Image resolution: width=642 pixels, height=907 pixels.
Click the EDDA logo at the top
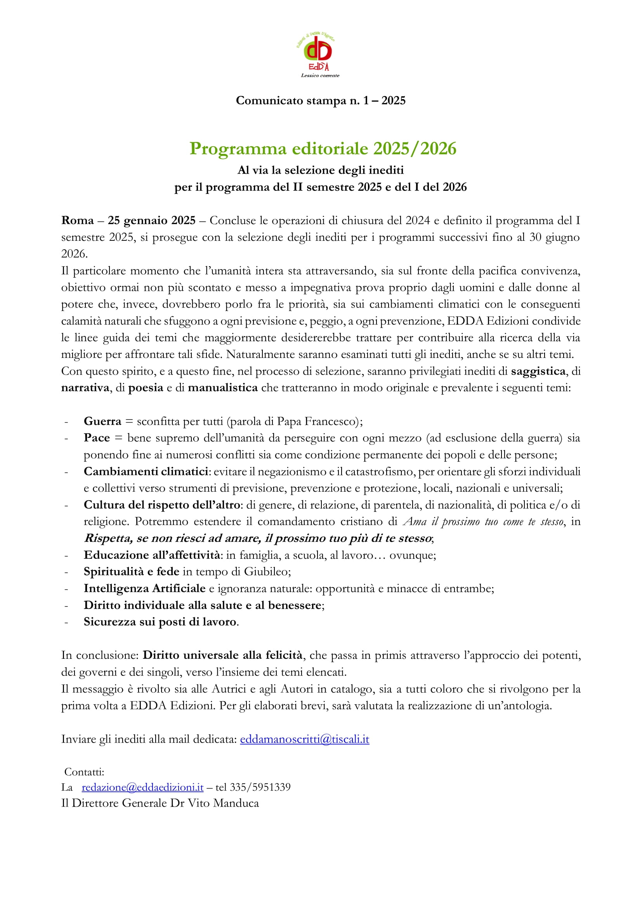(318, 55)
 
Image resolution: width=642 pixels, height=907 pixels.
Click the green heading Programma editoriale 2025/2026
(323, 149)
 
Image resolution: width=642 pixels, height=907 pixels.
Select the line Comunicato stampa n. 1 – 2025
(321, 100)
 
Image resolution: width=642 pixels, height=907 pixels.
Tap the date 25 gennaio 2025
(151, 220)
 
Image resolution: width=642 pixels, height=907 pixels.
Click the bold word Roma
(78, 220)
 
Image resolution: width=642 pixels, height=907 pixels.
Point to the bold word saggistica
(538, 371)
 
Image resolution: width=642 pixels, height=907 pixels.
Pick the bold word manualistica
(222, 388)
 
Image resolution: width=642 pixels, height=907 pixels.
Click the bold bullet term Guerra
(102, 422)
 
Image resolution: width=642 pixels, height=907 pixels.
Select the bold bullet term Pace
(97, 438)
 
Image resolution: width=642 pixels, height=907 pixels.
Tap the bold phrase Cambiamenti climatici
(146, 472)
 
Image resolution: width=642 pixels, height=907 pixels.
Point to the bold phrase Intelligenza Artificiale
(144, 589)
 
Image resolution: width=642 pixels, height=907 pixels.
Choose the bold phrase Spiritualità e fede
(131, 572)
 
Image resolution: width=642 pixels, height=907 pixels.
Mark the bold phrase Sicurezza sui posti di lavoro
(160, 622)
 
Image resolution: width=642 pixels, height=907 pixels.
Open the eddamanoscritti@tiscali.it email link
(304, 739)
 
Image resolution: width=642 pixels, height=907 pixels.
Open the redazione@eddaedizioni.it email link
(142, 787)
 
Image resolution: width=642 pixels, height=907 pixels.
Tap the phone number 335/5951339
(260, 787)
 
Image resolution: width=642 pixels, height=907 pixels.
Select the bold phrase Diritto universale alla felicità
(222, 655)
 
